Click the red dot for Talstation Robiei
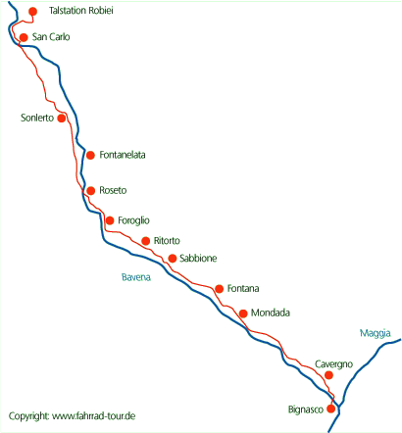[x=32, y=12]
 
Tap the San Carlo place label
[x=51, y=37]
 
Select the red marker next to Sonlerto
[x=62, y=118]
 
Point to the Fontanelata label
[x=123, y=155]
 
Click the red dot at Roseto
[x=91, y=190]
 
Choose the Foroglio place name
[x=133, y=220]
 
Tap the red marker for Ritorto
[x=146, y=241]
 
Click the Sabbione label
[x=198, y=259]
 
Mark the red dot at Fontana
[x=220, y=289]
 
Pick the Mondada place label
[x=271, y=313]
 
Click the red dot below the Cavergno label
[x=328, y=375]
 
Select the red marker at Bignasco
[x=331, y=409]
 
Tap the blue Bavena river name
[x=136, y=277]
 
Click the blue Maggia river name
[x=376, y=333]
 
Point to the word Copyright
[x=29, y=416]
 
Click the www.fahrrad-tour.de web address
[x=94, y=416]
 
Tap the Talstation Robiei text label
[x=81, y=11]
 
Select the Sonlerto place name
[x=37, y=118]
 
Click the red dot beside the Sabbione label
[x=173, y=259]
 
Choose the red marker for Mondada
[x=243, y=313]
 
